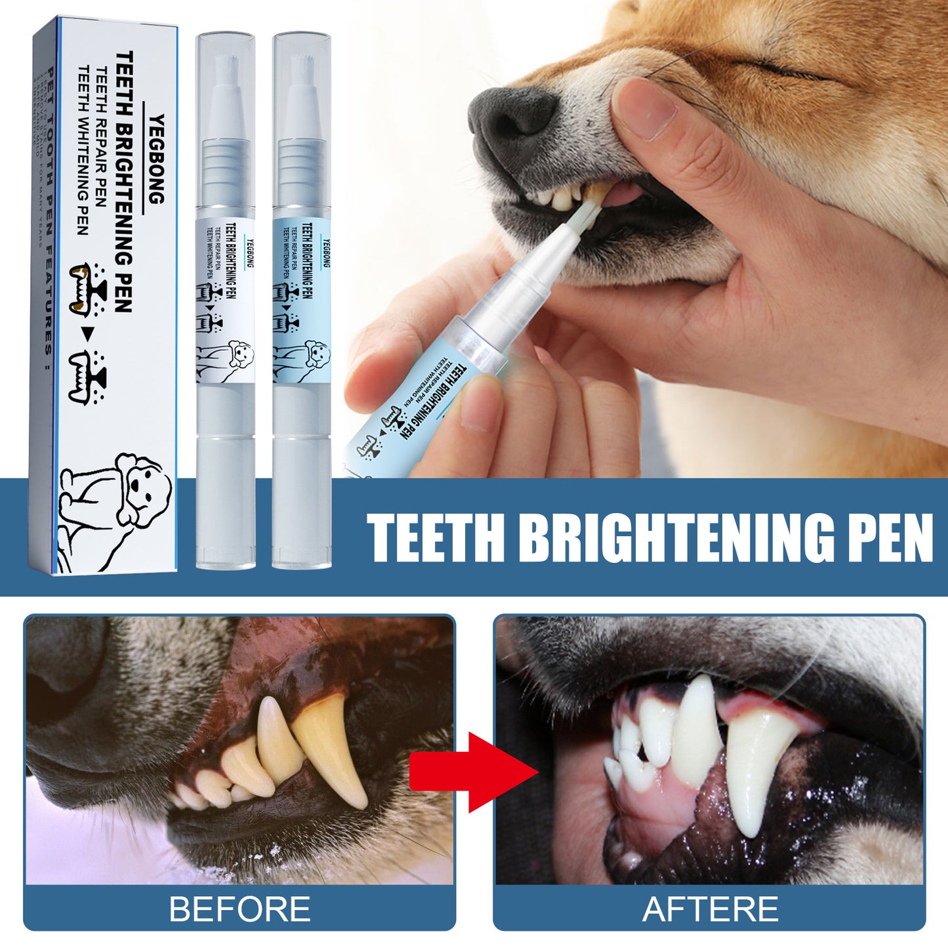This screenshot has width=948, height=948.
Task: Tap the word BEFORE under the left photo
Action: (x=239, y=909)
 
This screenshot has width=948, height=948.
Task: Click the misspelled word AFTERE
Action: (x=710, y=909)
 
